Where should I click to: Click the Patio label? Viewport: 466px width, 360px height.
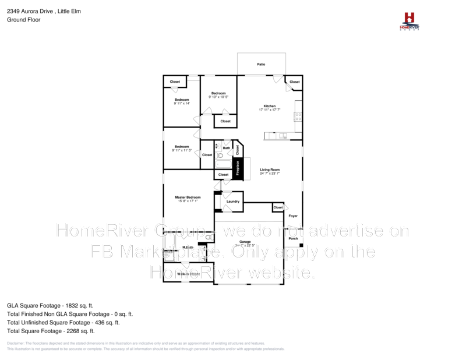(x=261, y=64)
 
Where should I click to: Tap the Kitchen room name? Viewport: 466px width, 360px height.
(x=269, y=106)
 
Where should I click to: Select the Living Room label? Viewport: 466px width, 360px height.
(x=270, y=170)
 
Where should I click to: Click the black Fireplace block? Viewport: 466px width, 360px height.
(x=238, y=168)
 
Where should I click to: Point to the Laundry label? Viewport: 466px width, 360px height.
(x=233, y=202)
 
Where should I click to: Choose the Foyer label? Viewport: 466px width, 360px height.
(x=293, y=216)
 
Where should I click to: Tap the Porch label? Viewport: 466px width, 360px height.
(x=293, y=238)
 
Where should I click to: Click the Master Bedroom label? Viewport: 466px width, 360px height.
(x=188, y=197)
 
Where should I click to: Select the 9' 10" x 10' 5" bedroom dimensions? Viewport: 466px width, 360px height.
(x=218, y=97)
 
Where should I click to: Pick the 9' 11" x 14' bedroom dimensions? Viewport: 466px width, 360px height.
(x=182, y=103)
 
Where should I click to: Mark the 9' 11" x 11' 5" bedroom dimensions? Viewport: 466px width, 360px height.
(x=182, y=150)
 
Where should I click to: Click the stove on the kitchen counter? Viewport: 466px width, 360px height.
(x=298, y=114)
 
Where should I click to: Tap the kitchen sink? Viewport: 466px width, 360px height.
(x=283, y=136)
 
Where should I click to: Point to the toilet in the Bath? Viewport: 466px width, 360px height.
(x=219, y=156)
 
